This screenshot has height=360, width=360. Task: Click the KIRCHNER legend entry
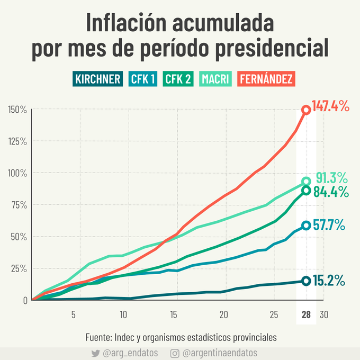pyautogui.click(x=98, y=79)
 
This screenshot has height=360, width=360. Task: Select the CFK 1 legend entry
pyautogui.click(x=142, y=79)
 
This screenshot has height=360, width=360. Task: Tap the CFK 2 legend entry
pyautogui.click(x=178, y=79)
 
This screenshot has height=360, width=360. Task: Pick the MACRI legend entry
pyautogui.click(x=215, y=79)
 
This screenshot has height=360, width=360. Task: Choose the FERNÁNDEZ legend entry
pyautogui.click(x=266, y=79)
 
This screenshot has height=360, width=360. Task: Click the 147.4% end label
pyautogui.click(x=331, y=106)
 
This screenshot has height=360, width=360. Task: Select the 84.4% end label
pyautogui.click(x=331, y=191)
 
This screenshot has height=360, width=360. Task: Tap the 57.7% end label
pyautogui.click(x=328, y=225)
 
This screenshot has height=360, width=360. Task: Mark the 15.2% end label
pyautogui.click(x=328, y=280)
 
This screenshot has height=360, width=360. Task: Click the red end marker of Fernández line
pyautogui.click(x=306, y=110)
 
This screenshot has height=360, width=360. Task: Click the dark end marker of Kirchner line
pyautogui.click(x=306, y=281)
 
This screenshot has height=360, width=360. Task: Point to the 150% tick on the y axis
pyautogui.click(x=17, y=110)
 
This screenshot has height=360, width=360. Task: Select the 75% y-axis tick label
pyautogui.click(x=19, y=205)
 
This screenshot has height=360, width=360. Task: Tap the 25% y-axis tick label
pyautogui.click(x=19, y=268)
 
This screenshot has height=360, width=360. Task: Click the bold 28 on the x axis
pyautogui.click(x=306, y=314)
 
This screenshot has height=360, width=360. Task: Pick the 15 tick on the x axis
pyautogui.click(x=173, y=314)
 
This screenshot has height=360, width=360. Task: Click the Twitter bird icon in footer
pyautogui.click(x=95, y=353)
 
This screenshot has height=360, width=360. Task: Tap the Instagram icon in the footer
pyautogui.click(x=174, y=353)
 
